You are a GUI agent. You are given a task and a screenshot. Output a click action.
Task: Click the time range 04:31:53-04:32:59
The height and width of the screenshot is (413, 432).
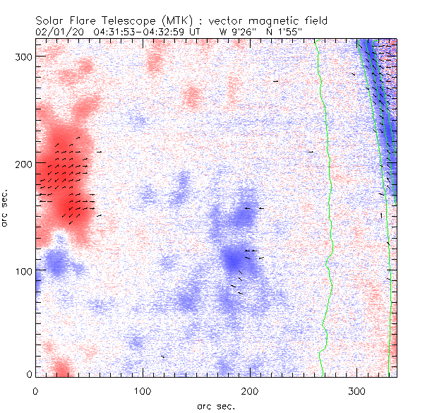(x=138, y=32)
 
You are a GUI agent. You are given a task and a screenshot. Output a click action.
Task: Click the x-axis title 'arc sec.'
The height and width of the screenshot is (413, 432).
(x=215, y=406)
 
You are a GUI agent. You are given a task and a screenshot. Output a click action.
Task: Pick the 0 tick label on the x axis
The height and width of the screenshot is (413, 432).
(x=35, y=390)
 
